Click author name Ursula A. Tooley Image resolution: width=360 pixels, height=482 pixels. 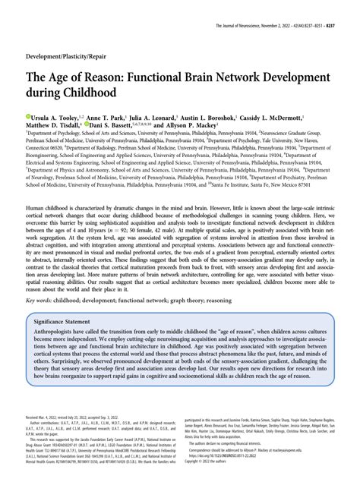(60, 119)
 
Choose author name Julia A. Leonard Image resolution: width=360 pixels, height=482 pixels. (177, 119)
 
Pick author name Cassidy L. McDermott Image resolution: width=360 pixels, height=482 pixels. (305, 119)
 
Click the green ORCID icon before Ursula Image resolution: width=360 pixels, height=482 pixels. (29, 119)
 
